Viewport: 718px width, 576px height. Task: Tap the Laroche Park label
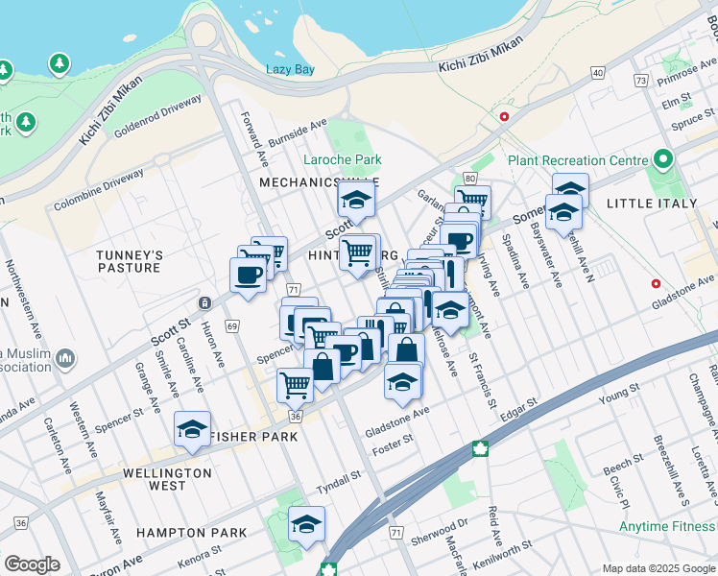(x=343, y=159)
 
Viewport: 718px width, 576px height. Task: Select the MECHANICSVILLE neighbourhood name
(x=319, y=181)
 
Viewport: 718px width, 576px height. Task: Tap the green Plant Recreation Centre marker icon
(x=662, y=159)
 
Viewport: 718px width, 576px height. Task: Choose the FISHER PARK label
(x=254, y=436)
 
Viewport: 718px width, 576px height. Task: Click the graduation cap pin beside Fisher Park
(x=193, y=429)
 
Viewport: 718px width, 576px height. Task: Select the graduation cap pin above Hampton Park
(x=306, y=524)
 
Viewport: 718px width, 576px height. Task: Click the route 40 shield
(x=598, y=73)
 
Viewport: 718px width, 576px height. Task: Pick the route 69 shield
(x=233, y=326)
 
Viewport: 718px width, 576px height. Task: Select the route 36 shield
(x=296, y=417)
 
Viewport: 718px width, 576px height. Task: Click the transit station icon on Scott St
(x=204, y=303)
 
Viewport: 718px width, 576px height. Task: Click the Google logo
(x=32, y=564)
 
